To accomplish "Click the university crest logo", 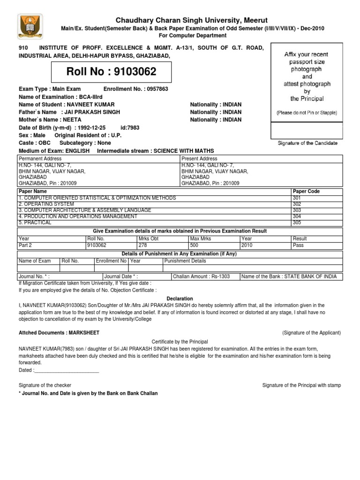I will [x=31, y=27].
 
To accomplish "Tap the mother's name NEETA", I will [x=70, y=120].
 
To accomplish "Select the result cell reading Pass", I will [x=298, y=245].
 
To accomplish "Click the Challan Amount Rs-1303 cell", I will [x=202, y=277].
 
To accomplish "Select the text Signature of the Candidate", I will [x=307, y=143].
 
